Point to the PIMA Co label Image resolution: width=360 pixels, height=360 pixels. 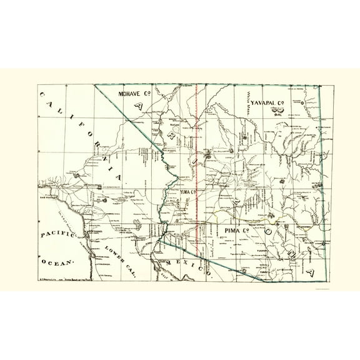tap(237, 232)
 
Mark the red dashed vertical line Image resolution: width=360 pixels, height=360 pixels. tap(197, 156)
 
